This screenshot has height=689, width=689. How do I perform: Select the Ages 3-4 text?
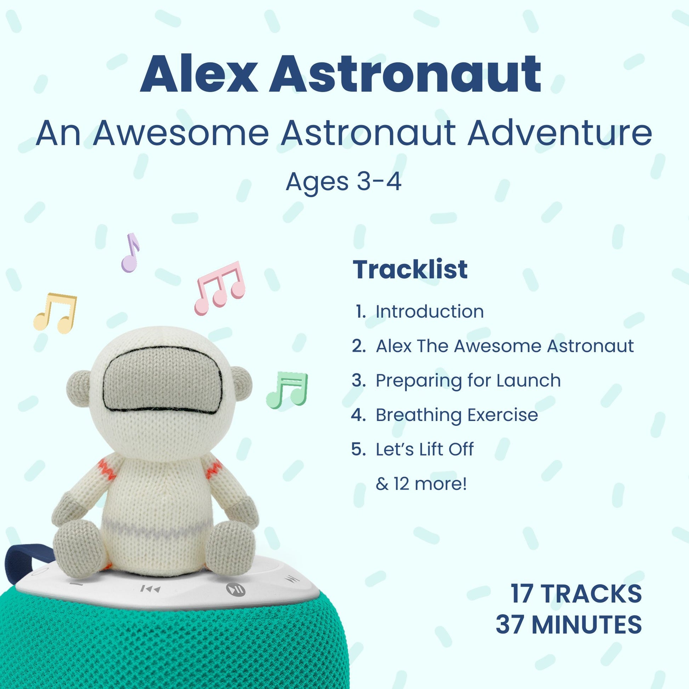(344, 182)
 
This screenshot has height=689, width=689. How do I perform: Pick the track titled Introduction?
(430, 311)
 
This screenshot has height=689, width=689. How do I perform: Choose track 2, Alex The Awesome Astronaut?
(505, 346)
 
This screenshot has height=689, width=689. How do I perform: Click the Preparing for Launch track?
(468, 381)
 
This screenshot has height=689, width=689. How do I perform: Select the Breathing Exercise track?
(457, 415)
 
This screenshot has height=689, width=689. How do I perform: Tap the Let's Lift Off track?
(425, 449)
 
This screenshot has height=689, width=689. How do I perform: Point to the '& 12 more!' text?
(421, 484)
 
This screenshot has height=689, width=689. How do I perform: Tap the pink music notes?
(220, 288)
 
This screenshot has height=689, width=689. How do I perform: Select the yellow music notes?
(55, 313)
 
